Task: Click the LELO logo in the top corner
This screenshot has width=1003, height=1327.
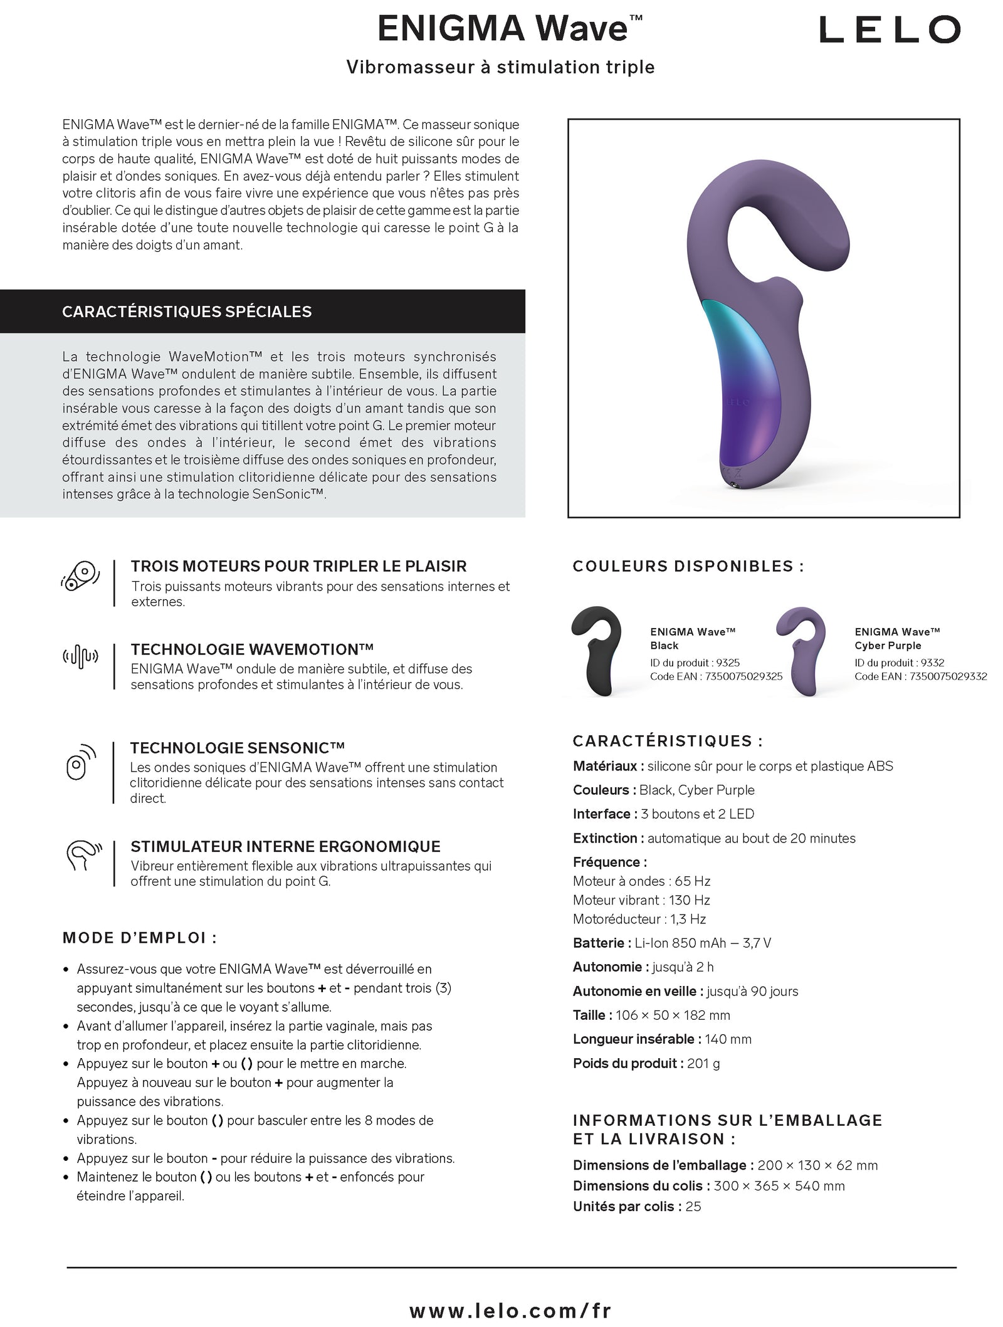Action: pos(890,29)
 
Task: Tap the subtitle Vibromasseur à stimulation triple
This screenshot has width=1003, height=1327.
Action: pos(500,67)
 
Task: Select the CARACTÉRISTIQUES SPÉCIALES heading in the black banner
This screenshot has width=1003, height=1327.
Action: pos(187,312)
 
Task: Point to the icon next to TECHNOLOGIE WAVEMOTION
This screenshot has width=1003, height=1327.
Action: pos(80,657)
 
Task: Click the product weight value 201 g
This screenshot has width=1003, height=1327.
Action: pos(703,1063)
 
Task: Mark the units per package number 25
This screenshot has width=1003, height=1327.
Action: pos(693,1206)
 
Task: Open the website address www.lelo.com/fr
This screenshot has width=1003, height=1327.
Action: pos(510,1293)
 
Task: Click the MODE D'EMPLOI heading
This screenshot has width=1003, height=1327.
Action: pos(140,938)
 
